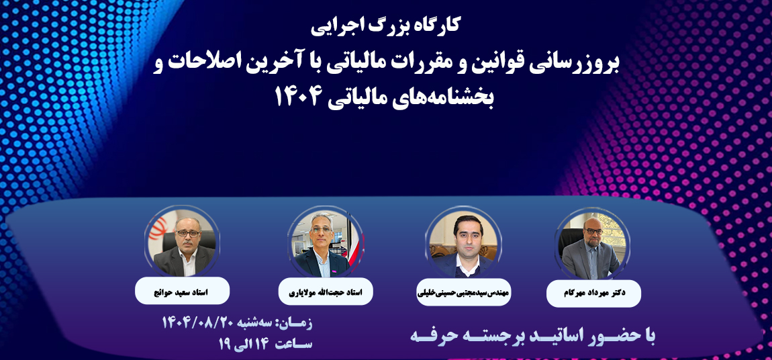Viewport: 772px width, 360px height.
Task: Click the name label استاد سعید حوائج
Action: pyautogui.click(x=182, y=291)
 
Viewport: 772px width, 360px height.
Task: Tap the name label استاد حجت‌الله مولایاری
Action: pyautogui.click(x=326, y=291)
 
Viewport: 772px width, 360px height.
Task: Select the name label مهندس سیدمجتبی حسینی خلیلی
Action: pyautogui.click(x=464, y=291)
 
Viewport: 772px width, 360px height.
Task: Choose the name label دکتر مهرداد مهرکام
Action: pyautogui.click(x=594, y=292)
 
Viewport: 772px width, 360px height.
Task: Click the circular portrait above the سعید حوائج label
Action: pyautogui.click(x=182, y=242)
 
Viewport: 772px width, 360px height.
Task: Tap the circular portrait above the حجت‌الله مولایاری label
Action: pyautogui.click(x=326, y=242)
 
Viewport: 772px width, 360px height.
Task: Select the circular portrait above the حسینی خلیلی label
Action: pyautogui.click(x=463, y=242)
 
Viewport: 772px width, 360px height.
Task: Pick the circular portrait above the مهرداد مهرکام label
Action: pyautogui.click(x=593, y=243)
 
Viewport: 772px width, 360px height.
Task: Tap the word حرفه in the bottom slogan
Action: pyautogui.click(x=437, y=337)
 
